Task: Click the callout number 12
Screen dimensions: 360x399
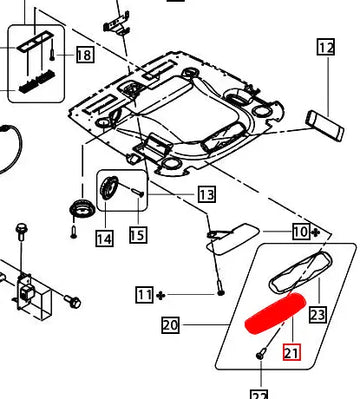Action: tap(326, 47)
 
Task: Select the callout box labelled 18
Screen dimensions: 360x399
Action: tap(85, 54)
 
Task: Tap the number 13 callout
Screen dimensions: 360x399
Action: tap(207, 194)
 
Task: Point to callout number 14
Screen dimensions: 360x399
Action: tap(104, 238)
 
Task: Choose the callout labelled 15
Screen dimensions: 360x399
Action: tap(138, 235)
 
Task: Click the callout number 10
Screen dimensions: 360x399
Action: tap(301, 231)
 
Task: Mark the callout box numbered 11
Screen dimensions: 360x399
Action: tap(145, 295)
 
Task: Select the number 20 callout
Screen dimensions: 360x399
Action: tap(170, 325)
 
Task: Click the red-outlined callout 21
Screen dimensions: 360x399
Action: tap(292, 352)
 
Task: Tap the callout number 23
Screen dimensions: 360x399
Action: tap(317, 314)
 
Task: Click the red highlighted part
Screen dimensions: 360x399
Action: tap(276, 313)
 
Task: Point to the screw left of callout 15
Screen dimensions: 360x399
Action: tap(137, 192)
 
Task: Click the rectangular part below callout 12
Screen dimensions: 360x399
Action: tap(325, 126)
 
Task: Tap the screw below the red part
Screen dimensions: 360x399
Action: tap(261, 353)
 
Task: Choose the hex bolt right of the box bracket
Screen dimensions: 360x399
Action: tap(73, 301)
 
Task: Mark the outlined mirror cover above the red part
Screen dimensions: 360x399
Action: tap(300, 273)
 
